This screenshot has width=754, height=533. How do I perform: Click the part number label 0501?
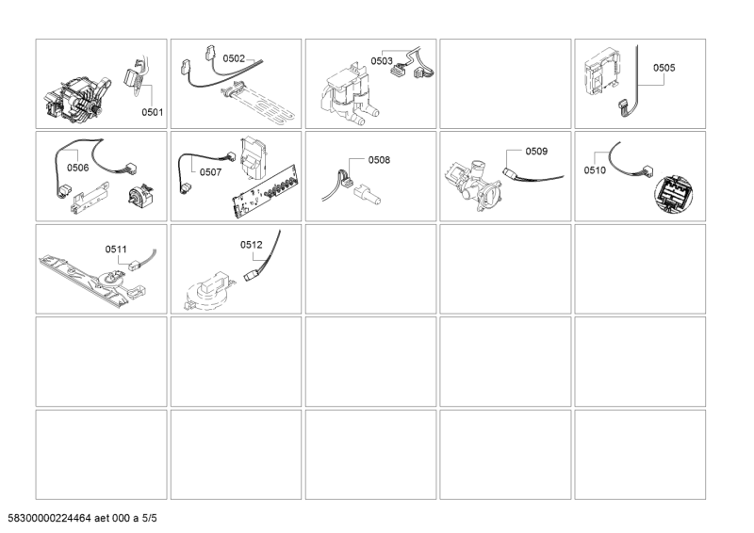click(x=152, y=112)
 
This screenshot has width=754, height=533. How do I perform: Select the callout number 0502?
click(x=234, y=58)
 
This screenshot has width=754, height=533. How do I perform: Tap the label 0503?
click(x=382, y=61)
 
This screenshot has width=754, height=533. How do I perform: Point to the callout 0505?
click(x=664, y=68)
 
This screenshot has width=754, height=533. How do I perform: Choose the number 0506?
click(x=78, y=168)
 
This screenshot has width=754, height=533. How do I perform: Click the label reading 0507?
click(x=210, y=172)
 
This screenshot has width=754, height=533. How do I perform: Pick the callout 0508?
click(x=379, y=160)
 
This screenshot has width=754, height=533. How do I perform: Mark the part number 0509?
click(x=536, y=152)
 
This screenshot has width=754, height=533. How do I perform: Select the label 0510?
click(x=595, y=170)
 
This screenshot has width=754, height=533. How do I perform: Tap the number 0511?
click(x=116, y=249)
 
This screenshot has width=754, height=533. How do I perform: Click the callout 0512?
click(x=252, y=245)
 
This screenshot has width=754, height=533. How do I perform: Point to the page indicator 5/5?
click(x=149, y=518)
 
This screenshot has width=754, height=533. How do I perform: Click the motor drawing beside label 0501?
click(x=77, y=102)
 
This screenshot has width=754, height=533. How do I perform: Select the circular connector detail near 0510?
click(x=672, y=194)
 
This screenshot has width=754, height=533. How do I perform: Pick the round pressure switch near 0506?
click(x=140, y=196)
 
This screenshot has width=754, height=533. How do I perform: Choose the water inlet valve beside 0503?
click(x=348, y=96)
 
